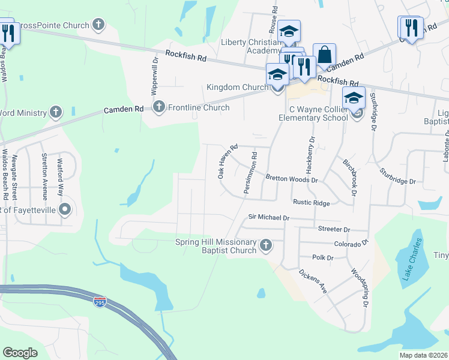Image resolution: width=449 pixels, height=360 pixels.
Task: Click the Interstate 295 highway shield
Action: (x=100, y=301)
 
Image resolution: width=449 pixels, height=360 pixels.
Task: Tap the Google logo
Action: (x=20, y=353)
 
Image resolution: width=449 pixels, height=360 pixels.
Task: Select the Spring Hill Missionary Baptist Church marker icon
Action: (x=266, y=245)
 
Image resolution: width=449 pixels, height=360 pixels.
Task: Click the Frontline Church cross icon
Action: (x=158, y=107)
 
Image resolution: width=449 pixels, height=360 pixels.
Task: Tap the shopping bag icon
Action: (x=324, y=55)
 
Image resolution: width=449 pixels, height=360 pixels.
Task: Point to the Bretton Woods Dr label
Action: (x=291, y=179)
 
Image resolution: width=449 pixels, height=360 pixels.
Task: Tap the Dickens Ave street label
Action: (x=314, y=280)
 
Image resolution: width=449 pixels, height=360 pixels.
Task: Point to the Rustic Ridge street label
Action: (x=311, y=203)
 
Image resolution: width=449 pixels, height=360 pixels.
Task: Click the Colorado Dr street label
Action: (x=350, y=244)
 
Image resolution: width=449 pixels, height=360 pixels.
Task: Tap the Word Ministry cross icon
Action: (x=55, y=112)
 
